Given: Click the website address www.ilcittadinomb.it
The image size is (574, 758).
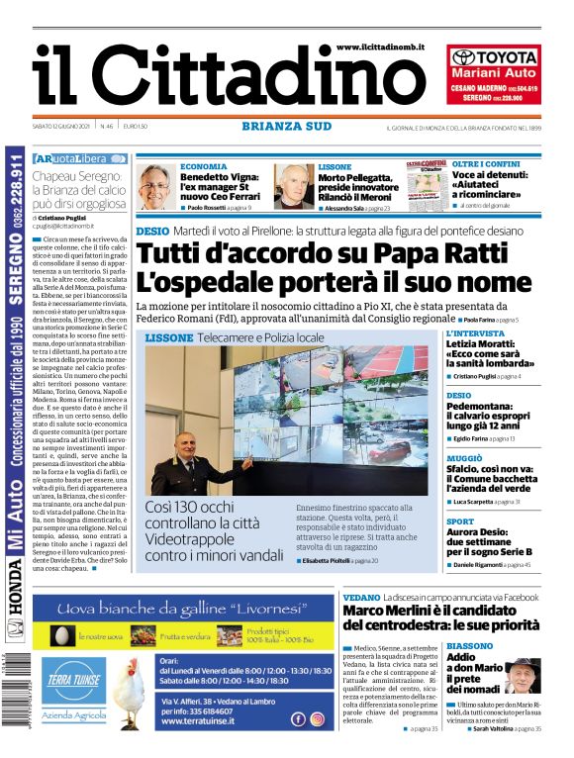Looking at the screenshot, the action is pos(379,47).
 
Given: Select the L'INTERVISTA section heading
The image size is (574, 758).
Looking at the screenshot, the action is pos(474,334).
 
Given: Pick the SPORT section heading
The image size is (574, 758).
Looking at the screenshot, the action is pos(460,521).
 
